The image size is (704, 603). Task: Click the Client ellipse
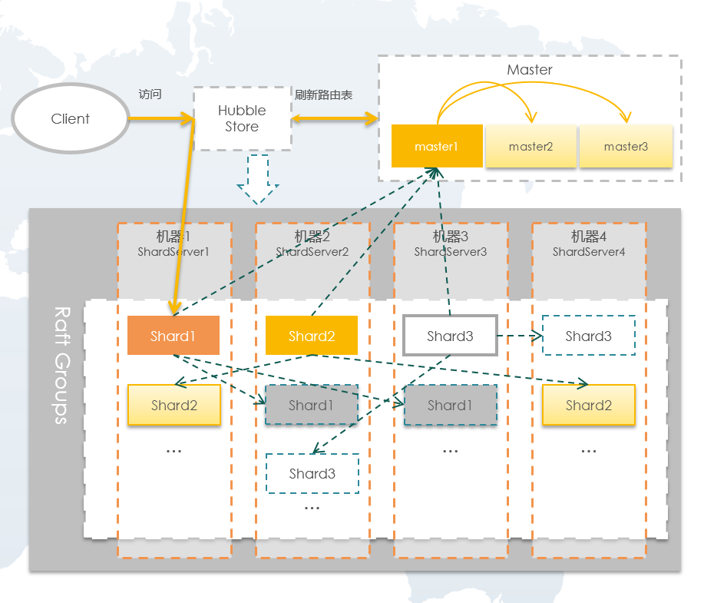(70, 119)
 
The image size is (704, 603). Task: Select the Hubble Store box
(242, 118)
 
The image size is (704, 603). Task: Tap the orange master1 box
(436, 146)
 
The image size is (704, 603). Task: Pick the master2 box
(530, 146)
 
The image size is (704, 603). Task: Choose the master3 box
(626, 146)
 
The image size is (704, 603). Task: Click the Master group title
(529, 70)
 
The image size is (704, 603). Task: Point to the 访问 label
(150, 94)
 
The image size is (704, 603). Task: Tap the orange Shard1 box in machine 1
(174, 336)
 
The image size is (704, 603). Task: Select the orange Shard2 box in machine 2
(312, 336)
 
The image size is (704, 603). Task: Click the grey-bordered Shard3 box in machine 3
(450, 336)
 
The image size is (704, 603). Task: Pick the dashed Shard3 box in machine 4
(589, 336)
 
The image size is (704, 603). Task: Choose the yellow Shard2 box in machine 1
(174, 405)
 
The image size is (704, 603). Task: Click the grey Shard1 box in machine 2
(312, 405)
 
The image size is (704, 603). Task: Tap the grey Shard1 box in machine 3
(450, 405)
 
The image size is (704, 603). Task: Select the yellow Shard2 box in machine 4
(589, 405)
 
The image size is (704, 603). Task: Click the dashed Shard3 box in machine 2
(312, 473)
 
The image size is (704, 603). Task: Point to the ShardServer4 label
(589, 251)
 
